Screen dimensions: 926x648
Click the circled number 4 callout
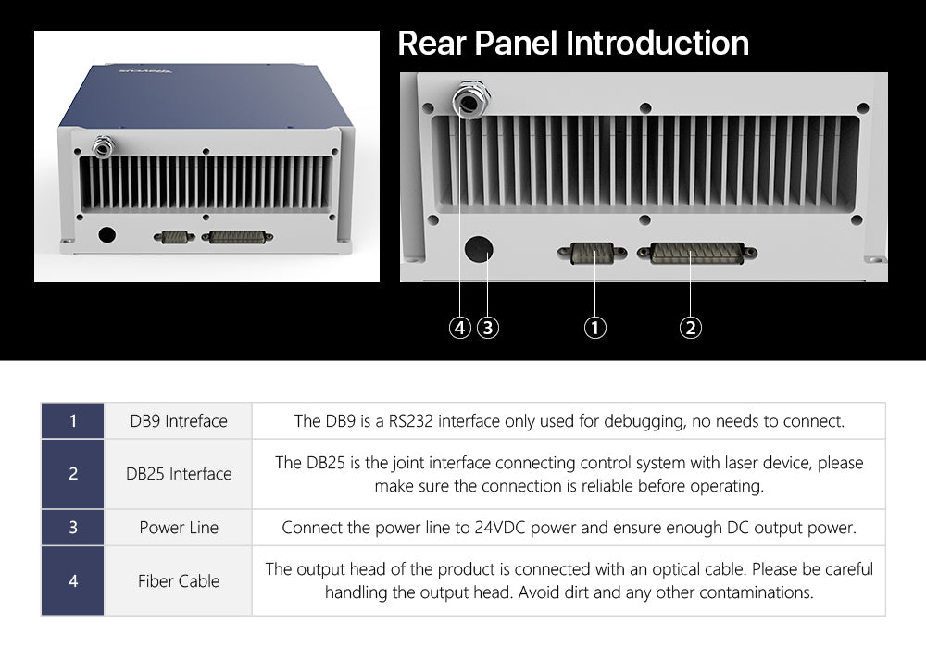[459, 328]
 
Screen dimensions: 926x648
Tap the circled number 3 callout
[488, 328]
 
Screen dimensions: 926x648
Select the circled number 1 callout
[594, 328]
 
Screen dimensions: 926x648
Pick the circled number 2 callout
[691, 328]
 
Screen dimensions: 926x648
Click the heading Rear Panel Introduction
[573, 44]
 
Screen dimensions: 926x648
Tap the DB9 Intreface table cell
[179, 421]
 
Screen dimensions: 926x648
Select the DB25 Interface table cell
[179, 473]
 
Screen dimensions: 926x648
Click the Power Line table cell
[179, 527]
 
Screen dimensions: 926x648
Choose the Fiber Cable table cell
[179, 580]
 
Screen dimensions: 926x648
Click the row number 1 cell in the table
[72, 421]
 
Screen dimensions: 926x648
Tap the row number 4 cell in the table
[72, 580]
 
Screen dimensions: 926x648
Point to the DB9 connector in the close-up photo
[593, 253]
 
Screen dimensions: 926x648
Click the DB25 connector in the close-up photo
[697, 253]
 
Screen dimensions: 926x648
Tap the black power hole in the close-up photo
[479, 250]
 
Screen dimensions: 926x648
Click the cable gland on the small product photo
[103, 145]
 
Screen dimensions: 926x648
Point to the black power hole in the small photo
[106, 234]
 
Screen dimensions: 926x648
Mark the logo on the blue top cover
[145, 71]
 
